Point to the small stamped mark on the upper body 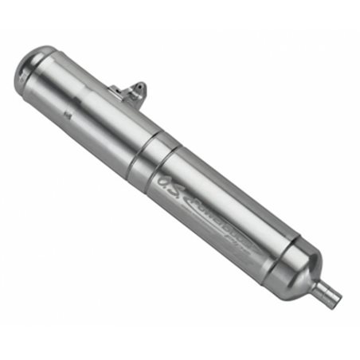69,116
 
